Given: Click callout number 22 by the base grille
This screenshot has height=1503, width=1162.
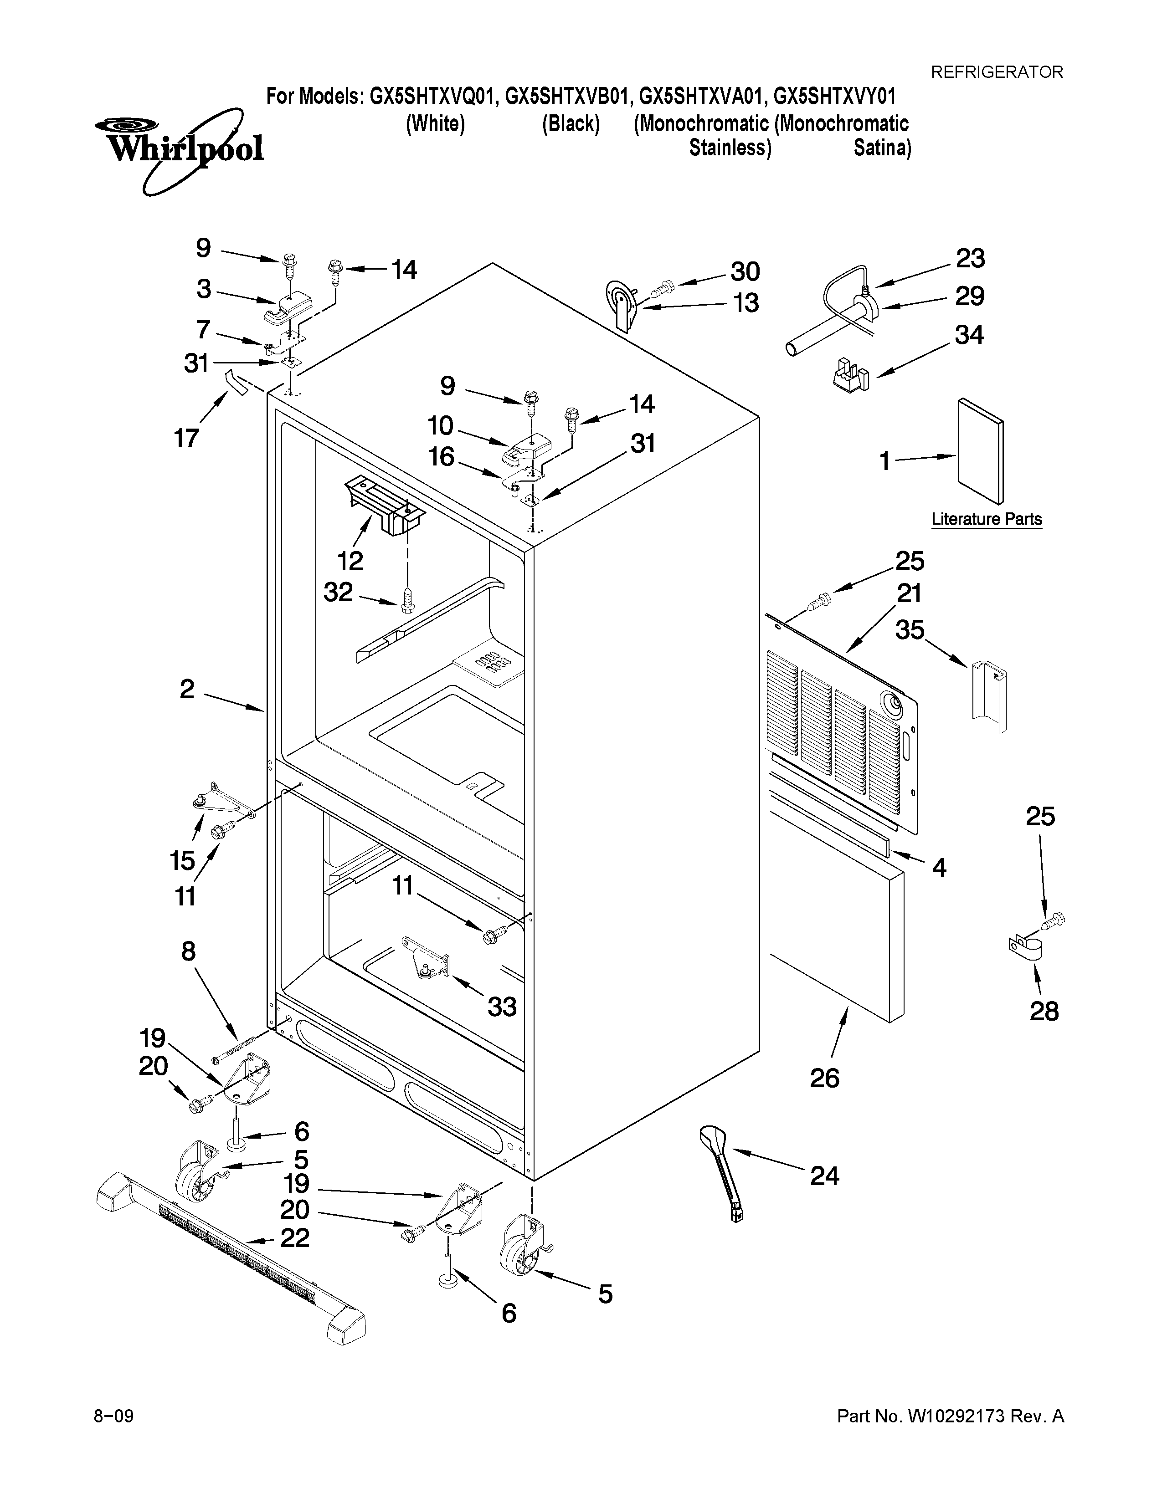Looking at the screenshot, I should [x=295, y=1238].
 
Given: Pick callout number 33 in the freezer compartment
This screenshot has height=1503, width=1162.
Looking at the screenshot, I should [x=502, y=1007].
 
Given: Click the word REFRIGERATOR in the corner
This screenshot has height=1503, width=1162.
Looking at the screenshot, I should [x=996, y=72].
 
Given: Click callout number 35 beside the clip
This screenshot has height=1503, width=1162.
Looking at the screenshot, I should [x=910, y=629].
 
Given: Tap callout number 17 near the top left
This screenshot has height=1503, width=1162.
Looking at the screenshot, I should [x=186, y=438].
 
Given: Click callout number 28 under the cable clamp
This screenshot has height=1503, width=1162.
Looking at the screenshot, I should [x=1044, y=1011].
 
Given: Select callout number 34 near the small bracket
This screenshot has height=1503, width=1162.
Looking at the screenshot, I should [x=969, y=335].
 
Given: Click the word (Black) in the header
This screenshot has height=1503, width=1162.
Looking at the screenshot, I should [x=571, y=124].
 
